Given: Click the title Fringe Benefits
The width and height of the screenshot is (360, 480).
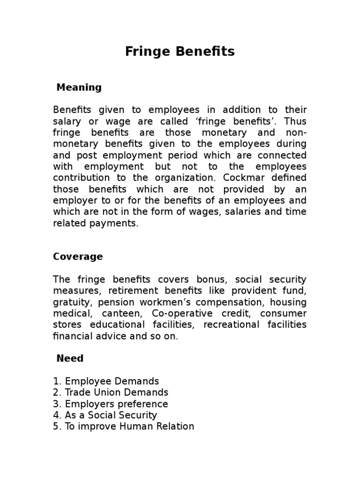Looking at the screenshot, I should coord(180,52).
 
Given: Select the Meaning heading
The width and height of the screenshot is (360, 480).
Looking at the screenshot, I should coord(79,87).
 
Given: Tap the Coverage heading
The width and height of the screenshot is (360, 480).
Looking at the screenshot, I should coord(78,257).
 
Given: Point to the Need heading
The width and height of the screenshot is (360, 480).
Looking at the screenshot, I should coord(70,359).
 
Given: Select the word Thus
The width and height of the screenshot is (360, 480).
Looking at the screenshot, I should coord(296,121).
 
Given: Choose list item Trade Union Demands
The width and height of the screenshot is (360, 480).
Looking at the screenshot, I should coord(116,393).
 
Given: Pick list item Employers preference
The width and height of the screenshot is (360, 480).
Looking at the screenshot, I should coord(116,404).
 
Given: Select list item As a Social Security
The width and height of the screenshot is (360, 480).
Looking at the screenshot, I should coord(111,415).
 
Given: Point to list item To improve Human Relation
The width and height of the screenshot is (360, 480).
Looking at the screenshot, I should coord(129,427).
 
